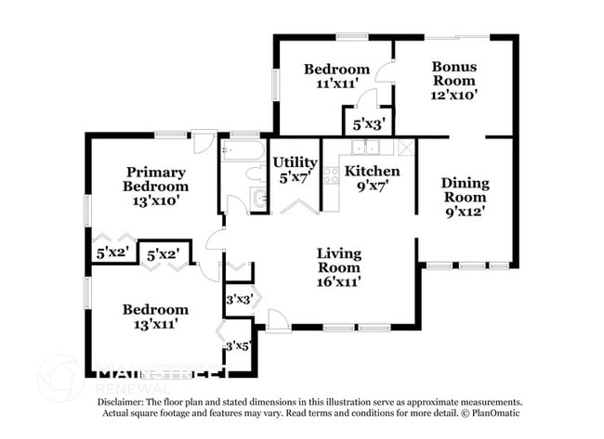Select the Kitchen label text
(373, 171)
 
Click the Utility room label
(295, 162)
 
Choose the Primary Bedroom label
(156, 179)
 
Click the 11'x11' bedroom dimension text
(337, 84)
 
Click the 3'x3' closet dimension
(240, 299)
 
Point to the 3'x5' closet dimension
(239, 346)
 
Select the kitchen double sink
(371, 147)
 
